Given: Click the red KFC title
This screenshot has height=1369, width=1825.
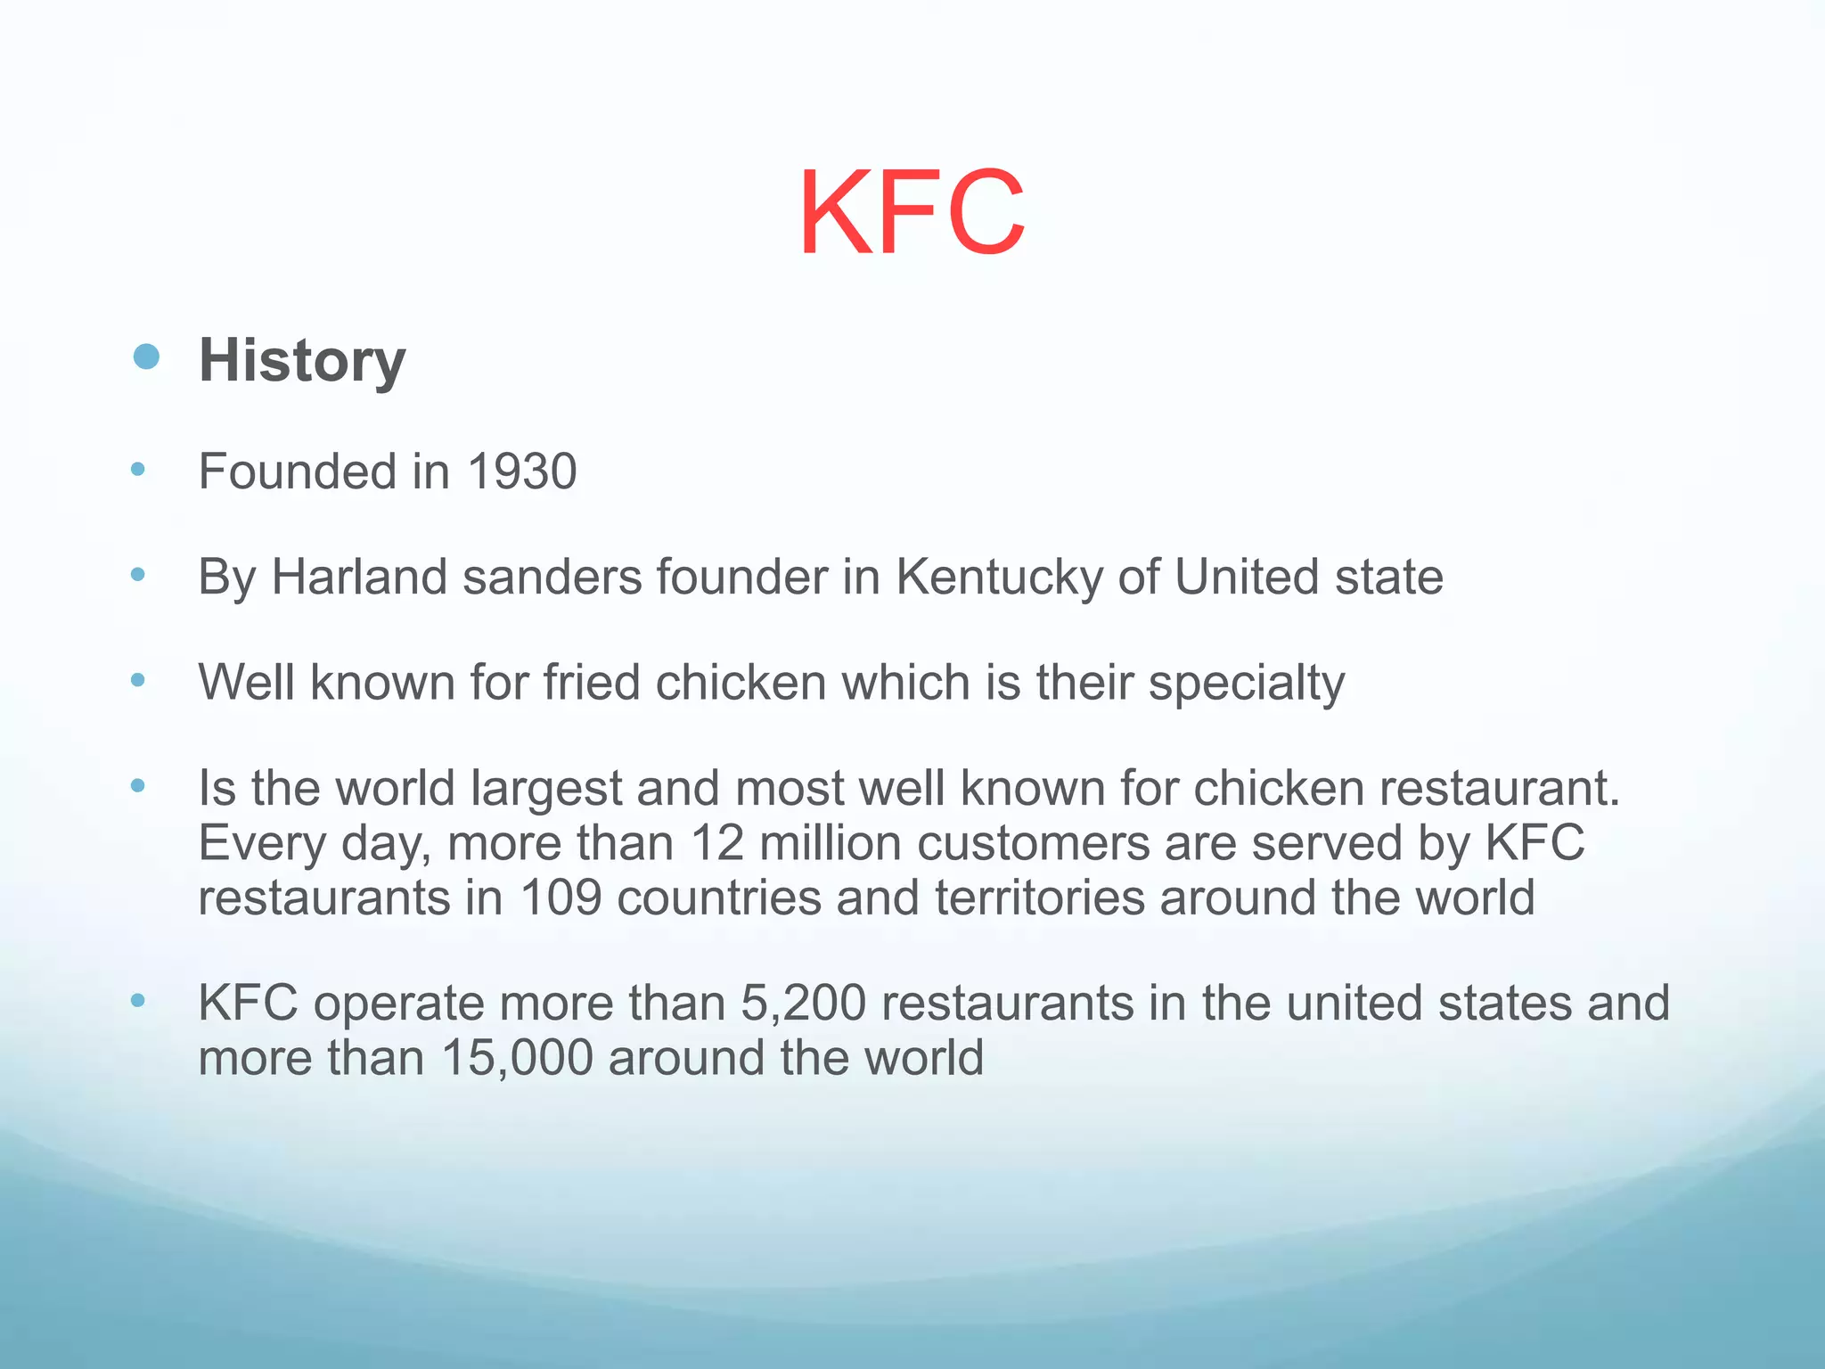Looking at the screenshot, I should [912, 214].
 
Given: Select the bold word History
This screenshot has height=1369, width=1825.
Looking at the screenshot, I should [302, 361].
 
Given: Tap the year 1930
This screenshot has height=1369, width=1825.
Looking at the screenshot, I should [522, 471].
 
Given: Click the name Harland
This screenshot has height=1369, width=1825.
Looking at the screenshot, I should [359, 577].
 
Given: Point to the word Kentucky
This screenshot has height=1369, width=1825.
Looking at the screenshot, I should [999, 578].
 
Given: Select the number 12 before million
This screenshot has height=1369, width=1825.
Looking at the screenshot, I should [717, 842].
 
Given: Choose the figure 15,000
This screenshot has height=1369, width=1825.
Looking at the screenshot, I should [517, 1058].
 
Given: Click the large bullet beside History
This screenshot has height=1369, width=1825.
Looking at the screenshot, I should [146, 357].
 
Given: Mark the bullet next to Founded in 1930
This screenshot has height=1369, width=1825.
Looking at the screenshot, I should [137, 469].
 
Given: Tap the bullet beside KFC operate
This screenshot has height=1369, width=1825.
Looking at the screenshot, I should [137, 1000].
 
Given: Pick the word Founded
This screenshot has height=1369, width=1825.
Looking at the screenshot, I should [298, 471].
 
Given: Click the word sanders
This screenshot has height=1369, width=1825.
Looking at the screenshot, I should [552, 577].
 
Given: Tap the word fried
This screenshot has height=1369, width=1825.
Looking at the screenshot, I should [592, 683].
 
